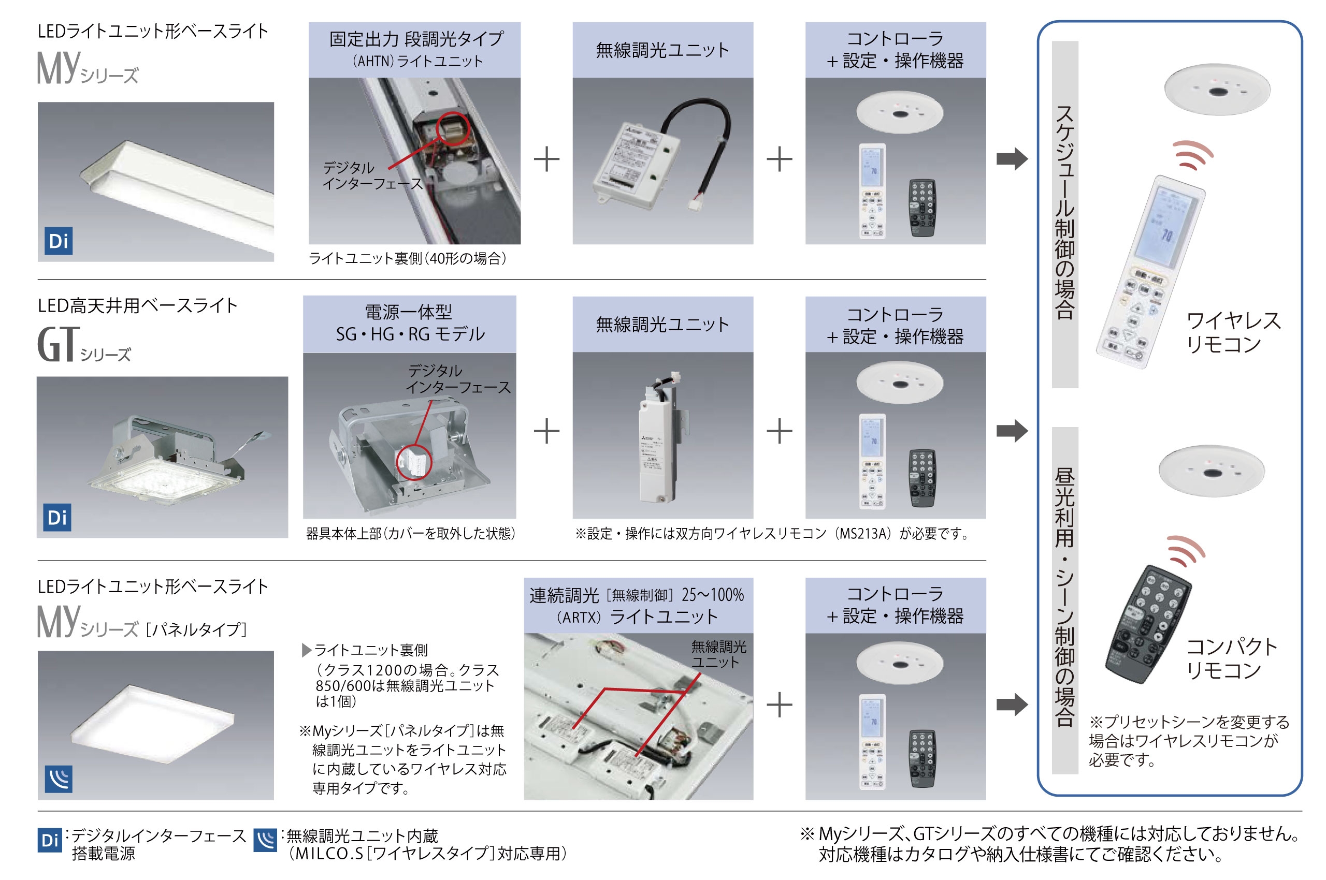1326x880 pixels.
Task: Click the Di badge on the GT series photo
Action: click(x=57, y=517)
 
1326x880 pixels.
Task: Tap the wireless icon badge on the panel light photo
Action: click(x=59, y=779)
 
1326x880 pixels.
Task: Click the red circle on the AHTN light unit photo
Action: click(x=452, y=128)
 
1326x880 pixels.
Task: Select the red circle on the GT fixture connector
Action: click(x=414, y=462)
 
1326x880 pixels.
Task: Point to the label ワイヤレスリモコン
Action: click(x=1232, y=332)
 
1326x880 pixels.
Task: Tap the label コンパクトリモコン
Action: click(x=1231, y=658)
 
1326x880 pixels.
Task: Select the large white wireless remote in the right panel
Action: click(x=1149, y=272)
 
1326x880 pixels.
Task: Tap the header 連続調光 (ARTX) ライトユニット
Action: click(x=638, y=605)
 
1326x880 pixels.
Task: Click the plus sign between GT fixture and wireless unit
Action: click(x=546, y=431)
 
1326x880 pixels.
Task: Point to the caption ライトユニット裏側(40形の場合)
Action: click(x=407, y=258)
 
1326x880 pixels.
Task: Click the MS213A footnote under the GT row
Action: click(x=772, y=533)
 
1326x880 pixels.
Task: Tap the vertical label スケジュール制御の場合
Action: click(x=1064, y=213)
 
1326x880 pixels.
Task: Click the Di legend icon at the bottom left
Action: click(x=49, y=840)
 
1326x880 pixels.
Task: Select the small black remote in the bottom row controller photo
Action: click(x=921, y=758)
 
